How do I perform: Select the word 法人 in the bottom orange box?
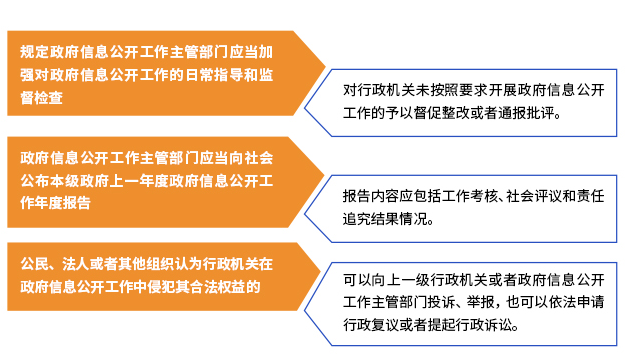click(x=70, y=265)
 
